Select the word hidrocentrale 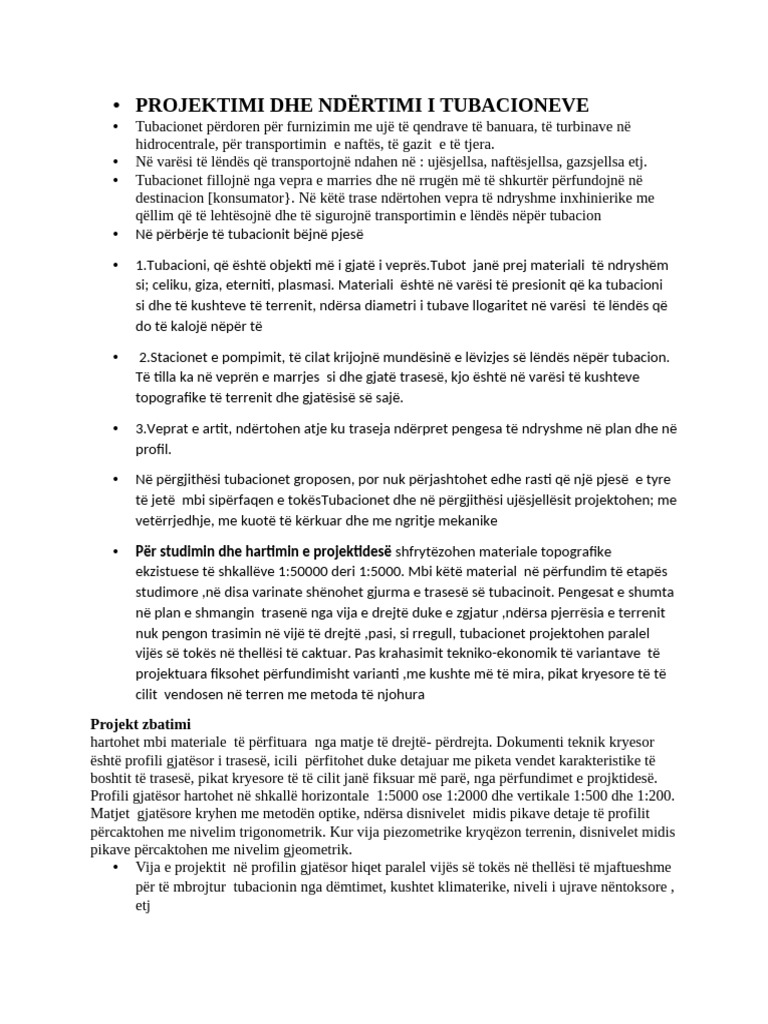pos(181,144)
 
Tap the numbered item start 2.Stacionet pos(183,357)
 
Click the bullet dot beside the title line pos(117,107)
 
